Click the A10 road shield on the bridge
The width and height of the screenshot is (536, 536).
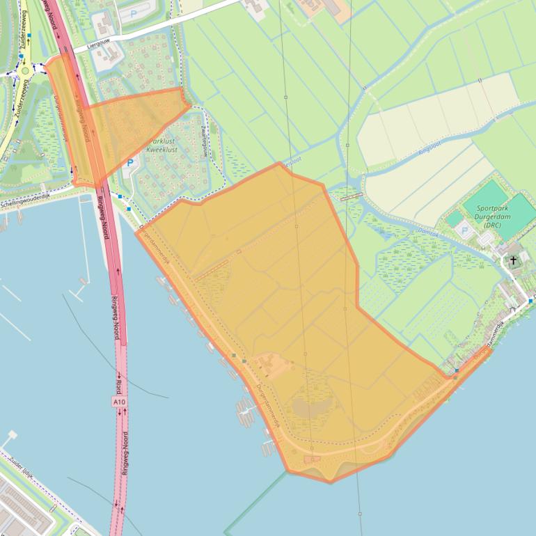120,402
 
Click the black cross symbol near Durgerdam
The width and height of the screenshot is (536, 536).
514,260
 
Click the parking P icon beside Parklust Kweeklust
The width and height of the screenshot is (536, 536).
129,163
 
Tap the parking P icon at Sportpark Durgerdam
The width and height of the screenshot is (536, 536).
464,230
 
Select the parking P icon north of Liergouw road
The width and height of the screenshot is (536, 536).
132,13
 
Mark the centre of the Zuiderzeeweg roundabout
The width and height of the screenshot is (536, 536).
26,70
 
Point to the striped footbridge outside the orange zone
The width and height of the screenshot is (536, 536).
351,197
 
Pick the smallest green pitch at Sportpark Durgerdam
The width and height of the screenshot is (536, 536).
455,218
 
